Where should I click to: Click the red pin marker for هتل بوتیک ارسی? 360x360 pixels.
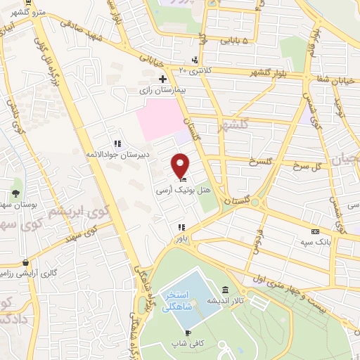[x=181, y=166]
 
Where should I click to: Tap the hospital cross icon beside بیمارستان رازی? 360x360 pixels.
[x=163, y=79]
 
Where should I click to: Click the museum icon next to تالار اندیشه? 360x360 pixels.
[x=225, y=290]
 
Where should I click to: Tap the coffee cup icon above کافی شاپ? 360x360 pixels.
[x=187, y=333]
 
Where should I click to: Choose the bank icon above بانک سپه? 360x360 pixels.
[x=315, y=231]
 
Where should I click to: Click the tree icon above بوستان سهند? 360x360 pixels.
[x=15, y=193]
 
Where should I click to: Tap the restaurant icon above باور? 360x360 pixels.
[x=181, y=227]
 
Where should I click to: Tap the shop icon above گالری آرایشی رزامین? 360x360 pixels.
[x=25, y=262]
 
